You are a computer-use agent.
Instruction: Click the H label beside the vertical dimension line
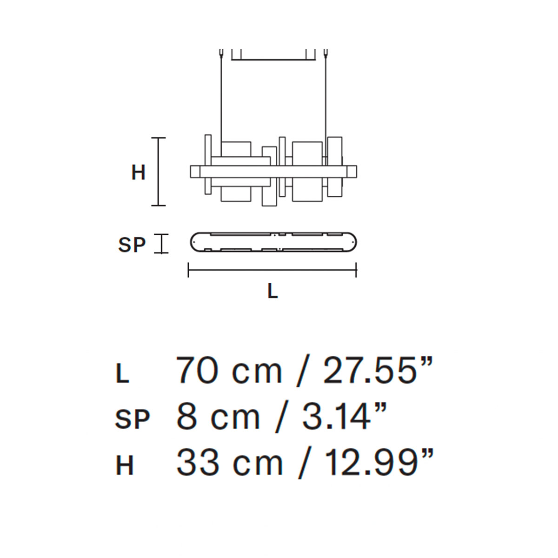(x=138, y=173)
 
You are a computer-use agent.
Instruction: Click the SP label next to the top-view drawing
(x=132, y=245)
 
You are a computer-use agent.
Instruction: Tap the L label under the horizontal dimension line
(x=272, y=291)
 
